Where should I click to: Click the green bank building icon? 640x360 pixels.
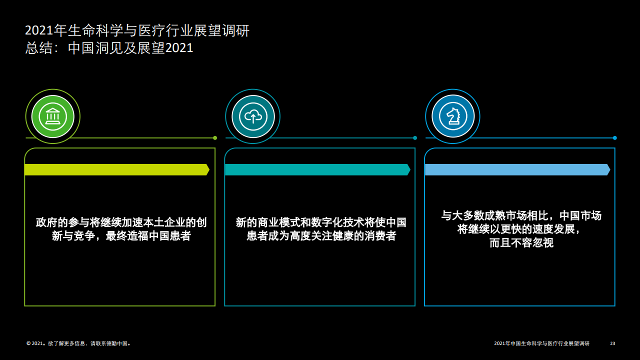(53, 116)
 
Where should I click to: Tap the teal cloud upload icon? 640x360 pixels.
(253, 116)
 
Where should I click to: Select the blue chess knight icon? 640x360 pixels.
(453, 116)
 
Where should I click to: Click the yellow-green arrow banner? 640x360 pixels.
(117, 169)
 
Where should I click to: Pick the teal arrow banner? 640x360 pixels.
(317, 169)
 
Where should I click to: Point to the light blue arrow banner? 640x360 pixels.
(517, 169)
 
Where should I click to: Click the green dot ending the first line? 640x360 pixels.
(215, 138)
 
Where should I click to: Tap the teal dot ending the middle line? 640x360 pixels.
(415, 138)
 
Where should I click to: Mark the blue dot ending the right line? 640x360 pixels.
(615, 138)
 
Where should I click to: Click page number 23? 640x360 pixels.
(612, 343)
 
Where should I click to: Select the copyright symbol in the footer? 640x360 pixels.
(28, 343)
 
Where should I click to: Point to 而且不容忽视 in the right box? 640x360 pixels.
(521, 243)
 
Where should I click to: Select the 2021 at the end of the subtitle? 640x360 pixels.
(179, 48)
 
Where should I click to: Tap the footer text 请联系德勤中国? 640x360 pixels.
(109, 343)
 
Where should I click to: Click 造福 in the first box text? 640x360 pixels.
(137, 236)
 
